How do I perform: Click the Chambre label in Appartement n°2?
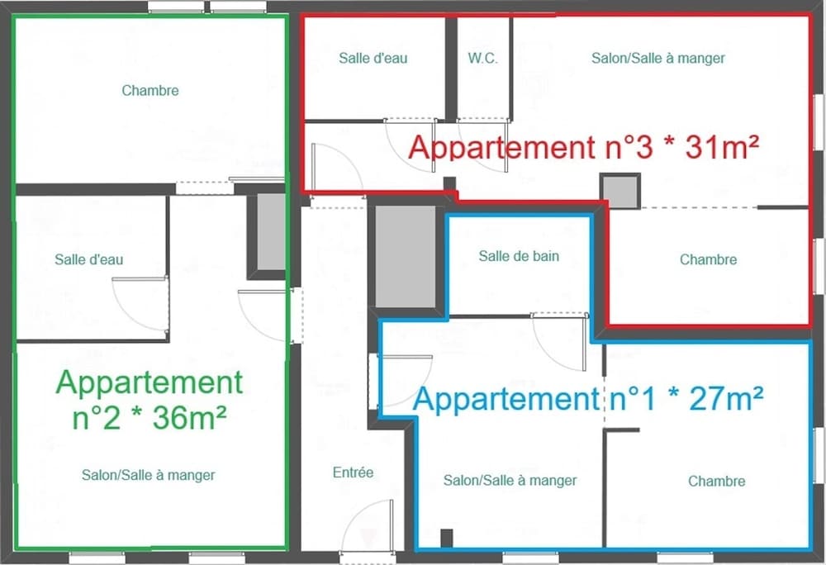pyautogui.click(x=150, y=91)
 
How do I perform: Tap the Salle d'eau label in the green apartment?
pyautogui.click(x=89, y=259)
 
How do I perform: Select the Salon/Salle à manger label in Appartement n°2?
pyautogui.click(x=149, y=475)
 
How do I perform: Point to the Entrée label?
pyautogui.click(x=353, y=472)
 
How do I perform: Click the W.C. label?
pyautogui.click(x=482, y=58)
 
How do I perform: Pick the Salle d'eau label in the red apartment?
pyautogui.click(x=373, y=58)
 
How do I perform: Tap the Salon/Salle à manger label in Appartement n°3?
pyautogui.click(x=658, y=58)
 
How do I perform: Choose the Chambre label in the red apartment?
pyautogui.click(x=708, y=259)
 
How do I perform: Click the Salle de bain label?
pyautogui.click(x=519, y=256)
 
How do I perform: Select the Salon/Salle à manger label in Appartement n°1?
pyautogui.click(x=510, y=480)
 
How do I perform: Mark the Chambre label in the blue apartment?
pyautogui.click(x=716, y=481)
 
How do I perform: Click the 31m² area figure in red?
pyautogui.click(x=722, y=147)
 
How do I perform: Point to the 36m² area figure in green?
pyautogui.click(x=190, y=418)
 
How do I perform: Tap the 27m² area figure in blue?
pyautogui.click(x=726, y=399)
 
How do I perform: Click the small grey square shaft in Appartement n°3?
pyautogui.click(x=620, y=191)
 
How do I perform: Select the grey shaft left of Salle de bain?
pyautogui.click(x=405, y=256)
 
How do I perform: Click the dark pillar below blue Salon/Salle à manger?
pyautogui.click(x=446, y=538)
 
